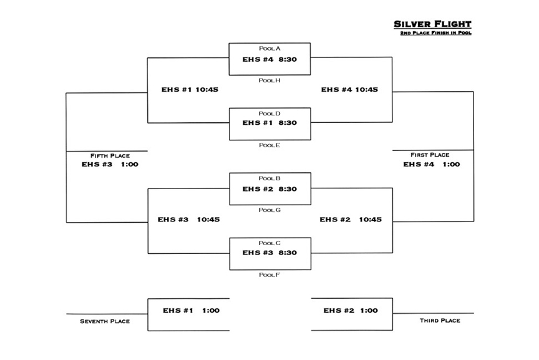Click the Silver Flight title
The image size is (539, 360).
click(x=432, y=24)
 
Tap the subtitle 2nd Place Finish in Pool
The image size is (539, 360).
click(x=436, y=33)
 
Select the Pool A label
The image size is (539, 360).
click(x=270, y=49)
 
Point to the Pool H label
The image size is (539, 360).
click(x=270, y=80)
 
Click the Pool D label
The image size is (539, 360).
click(x=270, y=114)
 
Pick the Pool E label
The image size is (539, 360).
click(x=270, y=145)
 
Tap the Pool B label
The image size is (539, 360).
click(x=270, y=178)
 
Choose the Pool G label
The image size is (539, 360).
click(x=270, y=210)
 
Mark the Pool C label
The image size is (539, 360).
click(x=270, y=243)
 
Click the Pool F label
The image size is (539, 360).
click(x=270, y=275)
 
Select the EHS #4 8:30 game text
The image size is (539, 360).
click(x=270, y=59)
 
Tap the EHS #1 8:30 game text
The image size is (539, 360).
click(x=270, y=123)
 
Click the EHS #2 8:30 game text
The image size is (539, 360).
click(x=270, y=189)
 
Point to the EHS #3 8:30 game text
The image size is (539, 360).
click(x=270, y=253)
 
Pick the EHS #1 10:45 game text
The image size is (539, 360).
click(x=190, y=90)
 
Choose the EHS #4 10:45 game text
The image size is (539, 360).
click(x=349, y=90)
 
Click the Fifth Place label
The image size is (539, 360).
click(x=110, y=156)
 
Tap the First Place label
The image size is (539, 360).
click(x=430, y=155)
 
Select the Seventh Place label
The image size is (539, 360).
click(x=105, y=321)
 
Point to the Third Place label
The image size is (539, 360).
click(x=440, y=321)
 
